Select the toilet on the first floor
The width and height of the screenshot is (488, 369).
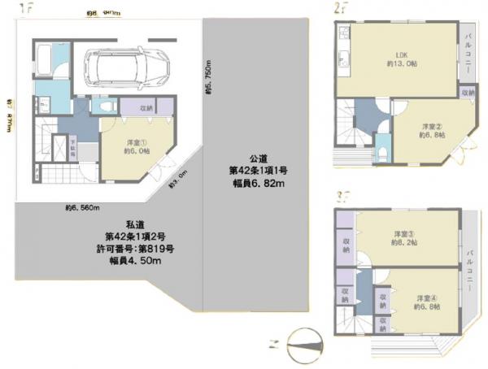102,106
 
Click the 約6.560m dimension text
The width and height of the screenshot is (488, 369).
82,207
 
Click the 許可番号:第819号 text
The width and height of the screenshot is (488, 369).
133,248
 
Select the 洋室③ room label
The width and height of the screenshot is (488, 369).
403,237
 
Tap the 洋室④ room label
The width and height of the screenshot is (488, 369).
425,302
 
